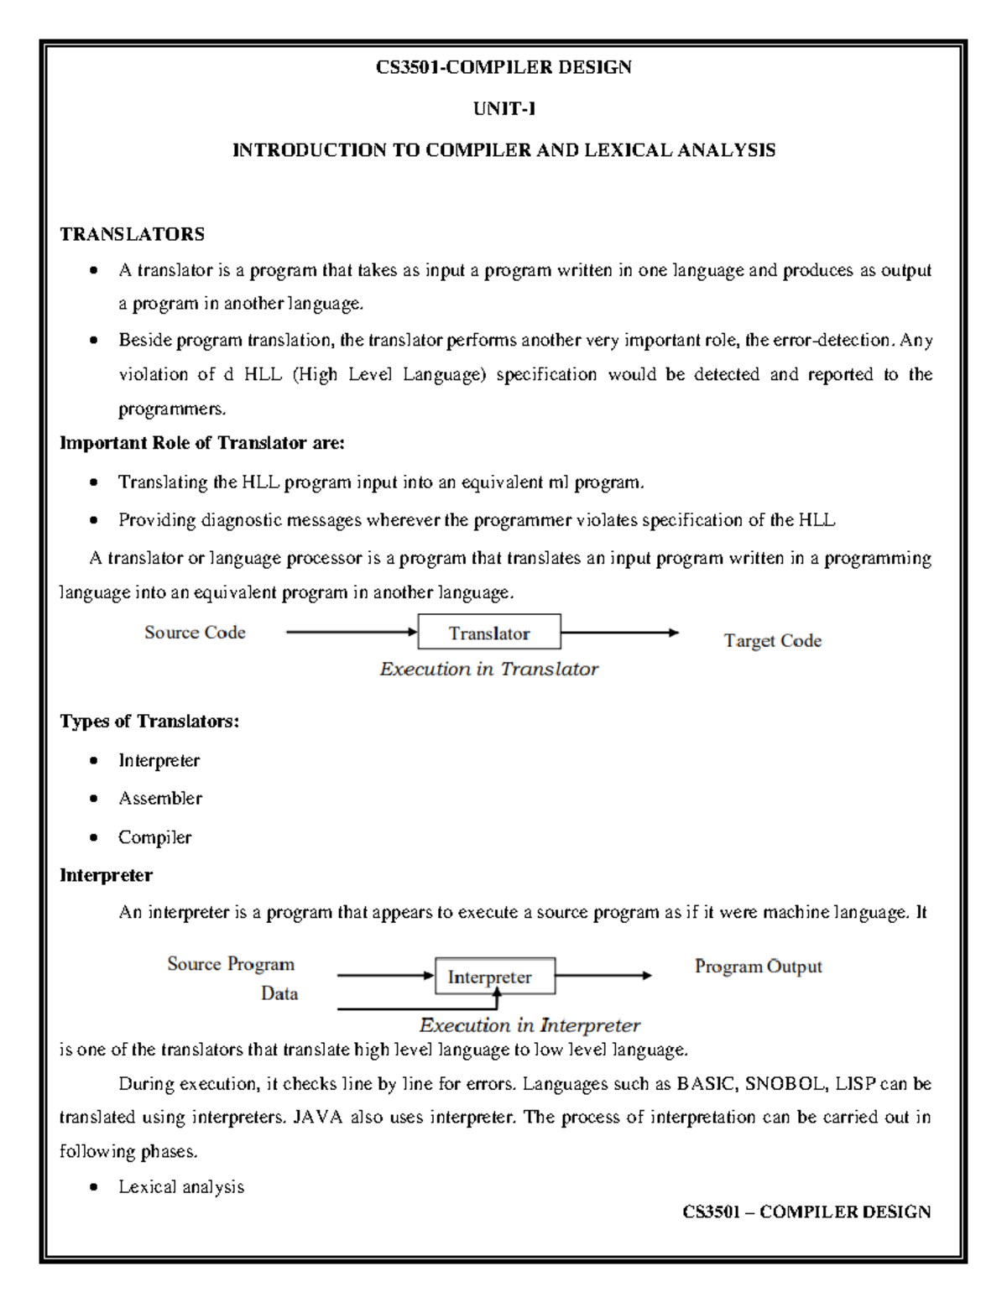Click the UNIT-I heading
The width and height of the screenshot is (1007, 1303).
click(x=503, y=109)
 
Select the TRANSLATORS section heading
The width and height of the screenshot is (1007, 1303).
click(x=132, y=234)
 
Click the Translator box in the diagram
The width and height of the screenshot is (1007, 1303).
click(x=489, y=633)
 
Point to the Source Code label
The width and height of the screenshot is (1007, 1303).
click(x=195, y=633)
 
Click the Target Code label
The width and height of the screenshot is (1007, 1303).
click(x=772, y=641)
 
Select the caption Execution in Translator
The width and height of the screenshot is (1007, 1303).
click(x=488, y=670)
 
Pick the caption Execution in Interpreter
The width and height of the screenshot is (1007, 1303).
click(x=530, y=1025)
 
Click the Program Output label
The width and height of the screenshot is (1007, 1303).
click(x=758, y=967)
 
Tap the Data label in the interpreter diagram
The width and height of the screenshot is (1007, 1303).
click(x=279, y=994)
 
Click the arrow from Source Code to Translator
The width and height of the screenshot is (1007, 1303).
click(x=352, y=633)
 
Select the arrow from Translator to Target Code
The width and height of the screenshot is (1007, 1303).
click(x=619, y=633)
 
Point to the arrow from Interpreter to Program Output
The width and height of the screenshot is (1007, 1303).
click(x=603, y=976)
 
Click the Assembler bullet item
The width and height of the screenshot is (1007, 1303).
click(x=159, y=799)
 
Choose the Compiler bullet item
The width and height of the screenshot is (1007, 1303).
click(x=154, y=837)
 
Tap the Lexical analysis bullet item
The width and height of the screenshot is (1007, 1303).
click(x=180, y=1187)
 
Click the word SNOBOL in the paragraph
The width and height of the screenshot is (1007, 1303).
click(x=785, y=1084)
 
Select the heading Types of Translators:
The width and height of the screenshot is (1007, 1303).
click(x=149, y=722)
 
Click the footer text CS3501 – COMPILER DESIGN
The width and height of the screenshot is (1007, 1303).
click(x=806, y=1212)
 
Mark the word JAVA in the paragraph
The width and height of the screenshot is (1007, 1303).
click(x=318, y=1118)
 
